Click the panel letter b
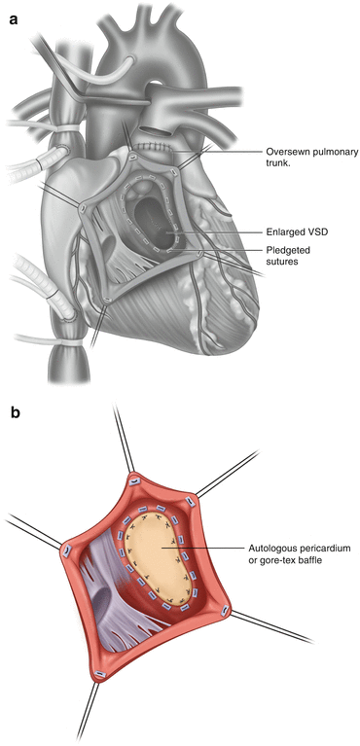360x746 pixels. (16, 413)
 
